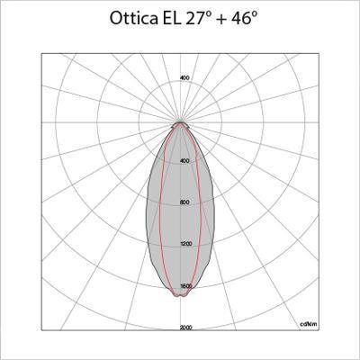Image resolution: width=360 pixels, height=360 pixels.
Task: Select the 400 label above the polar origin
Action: [184, 78]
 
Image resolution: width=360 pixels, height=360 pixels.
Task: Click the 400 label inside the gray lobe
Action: [184, 160]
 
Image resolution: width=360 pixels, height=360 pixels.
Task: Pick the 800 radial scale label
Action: [184, 202]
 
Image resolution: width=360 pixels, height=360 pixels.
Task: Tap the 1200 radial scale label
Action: [185, 244]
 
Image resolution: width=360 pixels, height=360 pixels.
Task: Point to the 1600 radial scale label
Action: [185, 286]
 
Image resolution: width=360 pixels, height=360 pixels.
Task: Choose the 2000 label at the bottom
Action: [185, 328]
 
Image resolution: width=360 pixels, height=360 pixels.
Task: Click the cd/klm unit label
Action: [306, 322]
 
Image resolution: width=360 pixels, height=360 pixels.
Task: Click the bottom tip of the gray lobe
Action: [182, 296]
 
